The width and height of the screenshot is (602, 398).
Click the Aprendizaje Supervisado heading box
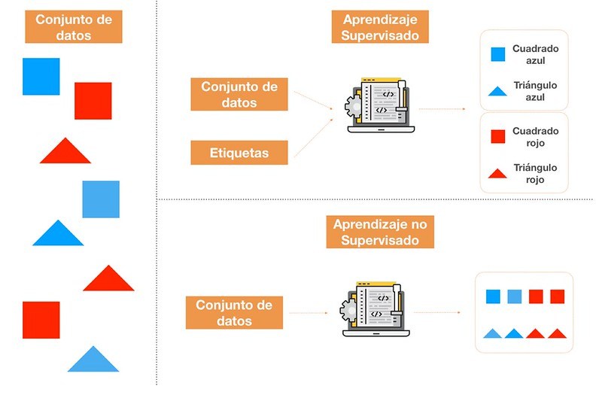380,27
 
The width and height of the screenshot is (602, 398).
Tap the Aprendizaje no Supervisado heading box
380,232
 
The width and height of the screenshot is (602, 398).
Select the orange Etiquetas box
239,153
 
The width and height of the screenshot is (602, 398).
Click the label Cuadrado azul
535,54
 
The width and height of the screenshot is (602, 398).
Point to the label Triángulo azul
535,92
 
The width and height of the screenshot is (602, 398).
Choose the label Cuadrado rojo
535,136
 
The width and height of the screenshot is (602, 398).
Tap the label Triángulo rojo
535,174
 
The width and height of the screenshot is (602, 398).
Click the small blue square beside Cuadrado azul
497,54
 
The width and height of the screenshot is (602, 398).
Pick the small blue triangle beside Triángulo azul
497,92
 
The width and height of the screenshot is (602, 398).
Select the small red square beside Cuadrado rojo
497,136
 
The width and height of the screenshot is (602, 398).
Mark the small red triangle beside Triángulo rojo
497,174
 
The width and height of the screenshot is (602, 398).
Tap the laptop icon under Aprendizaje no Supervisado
377,309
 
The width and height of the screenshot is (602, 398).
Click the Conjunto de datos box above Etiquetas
239,95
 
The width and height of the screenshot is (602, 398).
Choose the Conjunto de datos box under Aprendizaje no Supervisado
234,313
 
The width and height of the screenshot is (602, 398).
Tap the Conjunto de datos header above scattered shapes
74,26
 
